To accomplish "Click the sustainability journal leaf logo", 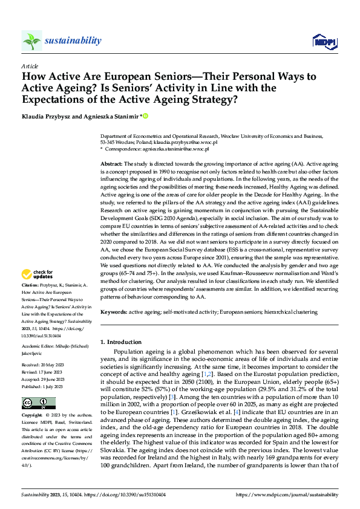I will pyautogui.click(x=31, y=41).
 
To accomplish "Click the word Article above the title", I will pyautogui.click(x=30, y=66).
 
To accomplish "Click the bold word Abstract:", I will pyautogui.click(x=111, y=164).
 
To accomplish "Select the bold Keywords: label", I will pyautogui.click(x=113, y=312).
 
